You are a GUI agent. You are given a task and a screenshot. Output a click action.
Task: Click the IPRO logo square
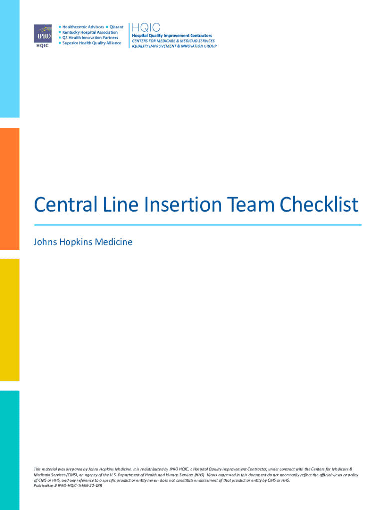[x=43, y=33]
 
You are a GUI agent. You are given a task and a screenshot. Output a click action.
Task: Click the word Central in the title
[x=66, y=205]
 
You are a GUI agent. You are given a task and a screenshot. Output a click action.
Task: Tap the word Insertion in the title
[x=183, y=205]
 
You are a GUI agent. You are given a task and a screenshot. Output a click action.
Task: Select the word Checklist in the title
[x=319, y=205]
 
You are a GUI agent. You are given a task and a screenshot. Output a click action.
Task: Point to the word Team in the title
[x=251, y=205]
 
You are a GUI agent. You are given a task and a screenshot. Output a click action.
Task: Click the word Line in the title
[x=121, y=205]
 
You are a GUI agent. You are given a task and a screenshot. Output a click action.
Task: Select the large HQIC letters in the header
[x=146, y=28]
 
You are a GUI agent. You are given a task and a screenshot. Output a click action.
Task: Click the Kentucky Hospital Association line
[x=90, y=32]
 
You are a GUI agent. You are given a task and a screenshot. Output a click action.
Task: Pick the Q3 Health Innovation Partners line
[x=90, y=38]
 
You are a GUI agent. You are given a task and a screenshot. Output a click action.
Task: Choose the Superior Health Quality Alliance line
[x=92, y=43]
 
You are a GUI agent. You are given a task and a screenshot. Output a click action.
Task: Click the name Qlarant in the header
[x=116, y=27]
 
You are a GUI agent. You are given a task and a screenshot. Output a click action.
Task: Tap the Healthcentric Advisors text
[x=83, y=27]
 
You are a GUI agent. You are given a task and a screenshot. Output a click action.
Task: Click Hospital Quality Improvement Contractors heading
[x=172, y=36]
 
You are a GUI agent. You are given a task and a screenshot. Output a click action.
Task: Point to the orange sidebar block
[x=10, y=189]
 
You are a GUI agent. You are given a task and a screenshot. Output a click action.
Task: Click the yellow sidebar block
[x=10, y=320]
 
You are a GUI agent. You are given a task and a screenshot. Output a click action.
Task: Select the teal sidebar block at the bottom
[x=10, y=450]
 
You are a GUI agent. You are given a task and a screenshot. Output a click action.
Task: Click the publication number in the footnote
[x=68, y=486]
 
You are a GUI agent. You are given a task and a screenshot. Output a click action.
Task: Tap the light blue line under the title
[x=197, y=225]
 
